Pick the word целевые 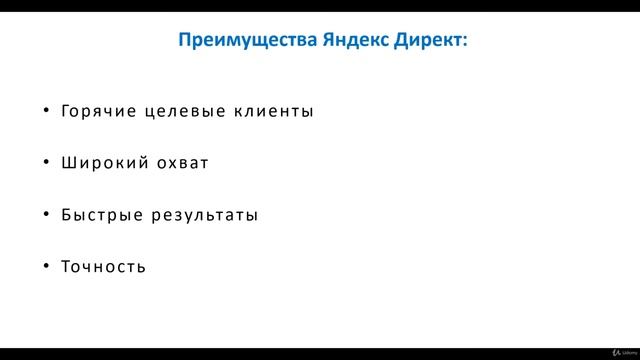pyautogui.click(x=185, y=111)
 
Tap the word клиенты pyautogui.click(x=273, y=111)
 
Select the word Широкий pyautogui.click(x=101, y=163)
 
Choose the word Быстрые pyautogui.click(x=100, y=215)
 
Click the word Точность pyautogui.click(x=103, y=267)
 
